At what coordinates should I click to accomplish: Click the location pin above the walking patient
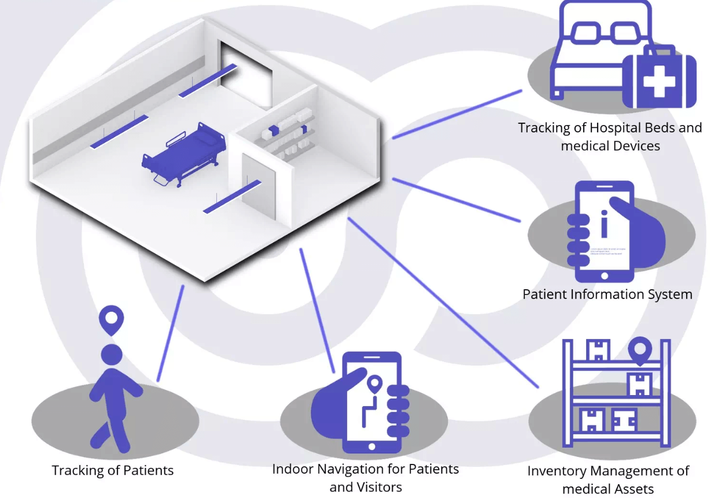[111, 319]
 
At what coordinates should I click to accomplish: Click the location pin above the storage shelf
[640, 351]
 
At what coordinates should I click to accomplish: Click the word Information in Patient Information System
[607, 294]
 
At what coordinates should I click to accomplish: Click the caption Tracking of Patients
[113, 470]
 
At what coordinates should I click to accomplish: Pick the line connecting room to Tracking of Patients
[170, 334]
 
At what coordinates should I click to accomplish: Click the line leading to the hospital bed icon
[457, 114]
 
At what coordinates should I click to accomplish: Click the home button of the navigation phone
[371, 446]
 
